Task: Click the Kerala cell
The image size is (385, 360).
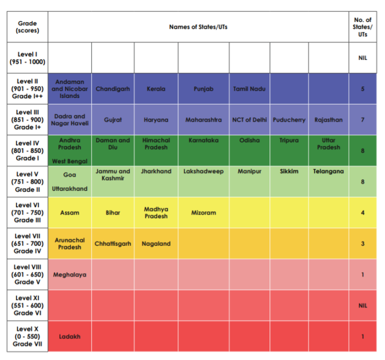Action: (x=156, y=88)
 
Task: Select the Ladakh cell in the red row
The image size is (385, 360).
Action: (x=69, y=336)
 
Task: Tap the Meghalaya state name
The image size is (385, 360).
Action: (x=69, y=275)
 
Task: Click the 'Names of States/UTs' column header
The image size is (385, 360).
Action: (x=198, y=27)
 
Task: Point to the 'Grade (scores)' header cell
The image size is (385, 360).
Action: (x=28, y=27)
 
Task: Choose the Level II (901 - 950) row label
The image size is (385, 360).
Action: (x=28, y=88)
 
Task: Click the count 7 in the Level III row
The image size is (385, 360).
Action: (x=362, y=120)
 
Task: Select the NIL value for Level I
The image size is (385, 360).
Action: (x=362, y=58)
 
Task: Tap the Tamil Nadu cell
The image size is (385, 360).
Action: (x=249, y=88)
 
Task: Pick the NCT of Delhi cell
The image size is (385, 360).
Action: (x=249, y=120)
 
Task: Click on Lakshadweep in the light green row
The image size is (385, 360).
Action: (x=204, y=171)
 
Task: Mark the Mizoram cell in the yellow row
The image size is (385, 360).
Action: (x=204, y=213)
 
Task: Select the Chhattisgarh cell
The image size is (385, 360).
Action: (x=113, y=243)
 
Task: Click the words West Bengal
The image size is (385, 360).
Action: (x=69, y=161)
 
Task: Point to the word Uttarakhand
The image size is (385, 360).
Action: (x=69, y=189)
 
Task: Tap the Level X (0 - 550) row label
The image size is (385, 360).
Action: (x=28, y=336)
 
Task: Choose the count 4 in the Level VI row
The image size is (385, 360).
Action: (x=362, y=213)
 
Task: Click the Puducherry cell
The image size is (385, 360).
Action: (x=289, y=120)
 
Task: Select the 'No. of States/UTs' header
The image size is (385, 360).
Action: (x=362, y=27)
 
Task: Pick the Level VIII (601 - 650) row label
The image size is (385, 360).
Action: (x=28, y=275)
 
